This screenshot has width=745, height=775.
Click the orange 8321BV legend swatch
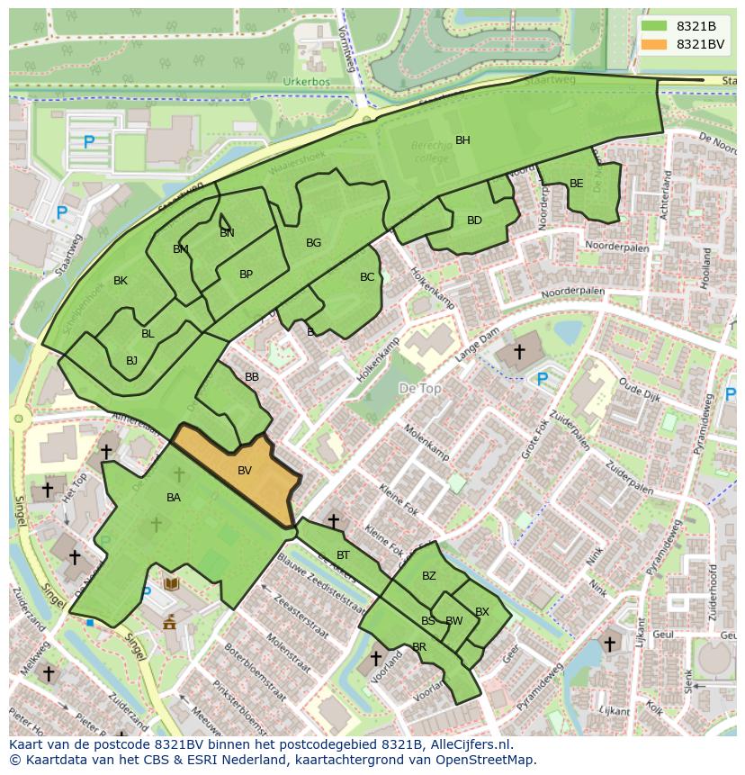[x=655, y=44]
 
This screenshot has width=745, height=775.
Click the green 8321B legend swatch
[x=655, y=26]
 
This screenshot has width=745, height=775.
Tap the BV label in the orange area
[x=245, y=471]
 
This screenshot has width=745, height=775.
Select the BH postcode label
[x=462, y=140]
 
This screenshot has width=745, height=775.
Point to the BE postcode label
[x=576, y=184]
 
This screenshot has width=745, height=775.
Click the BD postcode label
[x=474, y=221]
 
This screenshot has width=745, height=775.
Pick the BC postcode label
[x=367, y=277]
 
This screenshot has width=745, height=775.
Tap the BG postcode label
[x=313, y=243]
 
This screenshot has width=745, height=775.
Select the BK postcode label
[x=121, y=282]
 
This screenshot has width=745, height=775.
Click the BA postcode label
[x=174, y=498]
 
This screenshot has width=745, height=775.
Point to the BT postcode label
[x=343, y=555]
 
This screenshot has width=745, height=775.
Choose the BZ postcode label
[x=429, y=576]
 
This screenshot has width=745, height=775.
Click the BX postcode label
[x=482, y=612]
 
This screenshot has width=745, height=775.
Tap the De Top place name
[x=420, y=388]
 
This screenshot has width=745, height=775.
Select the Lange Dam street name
[x=475, y=346]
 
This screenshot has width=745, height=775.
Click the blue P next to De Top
[x=542, y=380]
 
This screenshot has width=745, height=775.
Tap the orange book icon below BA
[x=172, y=584]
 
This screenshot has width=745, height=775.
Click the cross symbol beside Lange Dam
[x=519, y=351]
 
